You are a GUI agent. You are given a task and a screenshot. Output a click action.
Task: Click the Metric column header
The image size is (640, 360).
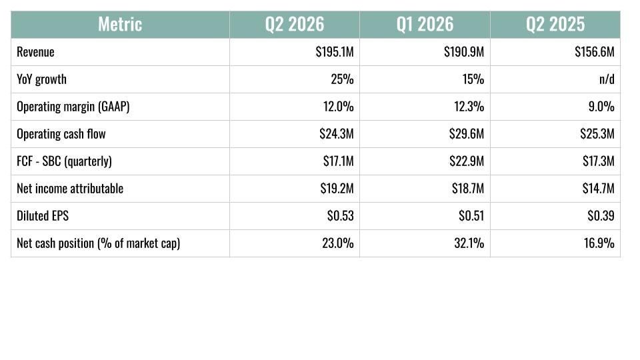point(120,25)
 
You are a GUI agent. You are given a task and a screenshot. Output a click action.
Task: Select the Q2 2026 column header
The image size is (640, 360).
point(294,25)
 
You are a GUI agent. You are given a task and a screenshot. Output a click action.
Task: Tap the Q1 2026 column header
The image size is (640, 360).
point(425,25)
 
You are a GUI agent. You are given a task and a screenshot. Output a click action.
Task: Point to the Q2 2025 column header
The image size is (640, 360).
point(555,25)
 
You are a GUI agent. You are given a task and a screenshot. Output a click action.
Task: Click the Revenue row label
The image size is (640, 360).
point(35,52)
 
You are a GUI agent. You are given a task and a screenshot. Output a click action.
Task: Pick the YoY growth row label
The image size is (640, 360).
point(41,79)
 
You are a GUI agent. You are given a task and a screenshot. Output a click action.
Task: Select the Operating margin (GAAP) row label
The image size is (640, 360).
point(73,107)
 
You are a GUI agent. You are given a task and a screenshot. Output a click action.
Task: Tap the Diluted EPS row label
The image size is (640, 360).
point(43,215)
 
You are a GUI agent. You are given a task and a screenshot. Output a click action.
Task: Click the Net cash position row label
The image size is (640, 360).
point(99,243)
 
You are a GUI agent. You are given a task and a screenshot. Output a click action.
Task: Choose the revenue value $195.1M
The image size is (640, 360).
point(335,52)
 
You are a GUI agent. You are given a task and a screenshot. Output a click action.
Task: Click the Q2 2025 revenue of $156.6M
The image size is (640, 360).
point(594,52)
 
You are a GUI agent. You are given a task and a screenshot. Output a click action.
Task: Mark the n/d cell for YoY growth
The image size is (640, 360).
point(607,79)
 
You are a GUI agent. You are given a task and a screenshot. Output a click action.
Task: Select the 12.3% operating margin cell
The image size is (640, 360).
point(469,107)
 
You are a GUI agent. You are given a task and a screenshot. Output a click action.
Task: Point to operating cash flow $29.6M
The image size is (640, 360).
point(467,134)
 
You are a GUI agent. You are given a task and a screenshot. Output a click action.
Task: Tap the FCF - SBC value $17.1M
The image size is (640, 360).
point(339,161)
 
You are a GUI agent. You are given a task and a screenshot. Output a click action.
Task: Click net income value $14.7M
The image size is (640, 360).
point(599,189)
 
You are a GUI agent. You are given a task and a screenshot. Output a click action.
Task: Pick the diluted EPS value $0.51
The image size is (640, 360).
point(471,215)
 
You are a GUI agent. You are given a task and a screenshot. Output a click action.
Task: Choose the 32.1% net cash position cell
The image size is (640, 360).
point(469,243)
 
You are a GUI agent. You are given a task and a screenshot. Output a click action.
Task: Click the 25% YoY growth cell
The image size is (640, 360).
point(342,79)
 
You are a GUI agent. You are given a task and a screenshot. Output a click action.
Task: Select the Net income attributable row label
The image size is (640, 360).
point(70,189)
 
